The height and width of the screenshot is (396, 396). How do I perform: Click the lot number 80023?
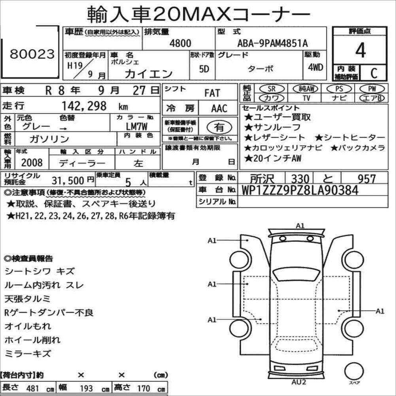pos(32,54)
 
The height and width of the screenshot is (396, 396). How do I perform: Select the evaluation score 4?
pos(360,50)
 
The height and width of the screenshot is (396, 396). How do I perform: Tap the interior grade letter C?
pos(374,73)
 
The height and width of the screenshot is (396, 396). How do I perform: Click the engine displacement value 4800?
pos(180,43)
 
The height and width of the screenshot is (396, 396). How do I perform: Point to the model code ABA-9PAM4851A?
pos(273,43)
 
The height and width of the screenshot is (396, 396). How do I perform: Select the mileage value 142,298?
pos(84,106)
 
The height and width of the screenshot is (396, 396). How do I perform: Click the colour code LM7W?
pos(136,126)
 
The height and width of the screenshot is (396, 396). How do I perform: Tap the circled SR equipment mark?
pos(272,89)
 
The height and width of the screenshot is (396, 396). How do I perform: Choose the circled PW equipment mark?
pos(372,89)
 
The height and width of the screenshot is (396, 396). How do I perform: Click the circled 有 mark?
pos(219,127)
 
